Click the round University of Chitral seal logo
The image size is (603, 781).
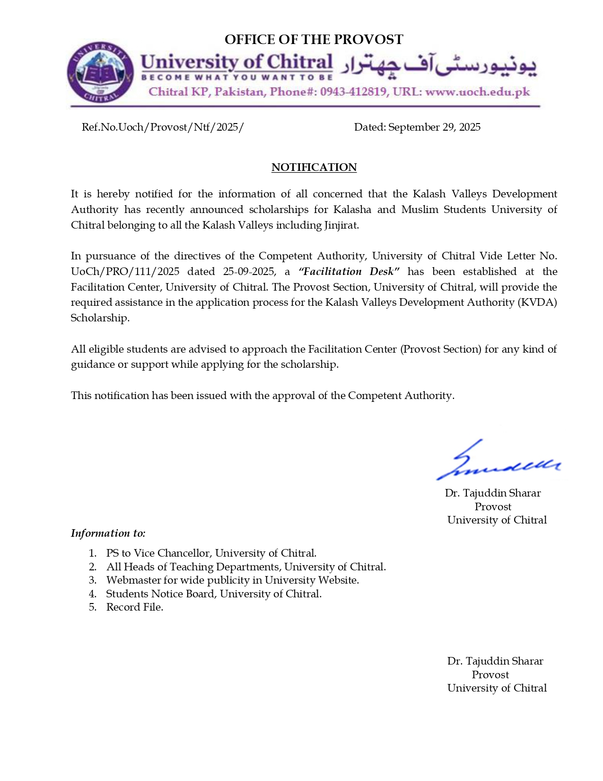100,72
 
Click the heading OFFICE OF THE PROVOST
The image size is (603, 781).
314,39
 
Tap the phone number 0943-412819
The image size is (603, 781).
353,92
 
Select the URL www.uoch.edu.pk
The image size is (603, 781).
477,92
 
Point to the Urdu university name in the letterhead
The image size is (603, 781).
438,67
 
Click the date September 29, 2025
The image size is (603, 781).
434,127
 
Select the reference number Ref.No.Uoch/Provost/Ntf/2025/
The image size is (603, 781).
163,127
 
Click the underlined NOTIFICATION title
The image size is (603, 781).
314,167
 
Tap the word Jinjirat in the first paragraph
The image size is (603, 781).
341,225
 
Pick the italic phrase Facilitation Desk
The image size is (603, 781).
349,271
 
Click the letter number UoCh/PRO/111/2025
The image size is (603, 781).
125,271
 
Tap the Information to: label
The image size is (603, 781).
108,533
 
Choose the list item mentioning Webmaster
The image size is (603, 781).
232,580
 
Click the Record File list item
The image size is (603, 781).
135,607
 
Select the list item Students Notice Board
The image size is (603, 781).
214,594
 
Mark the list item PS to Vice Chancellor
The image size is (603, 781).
211,553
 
